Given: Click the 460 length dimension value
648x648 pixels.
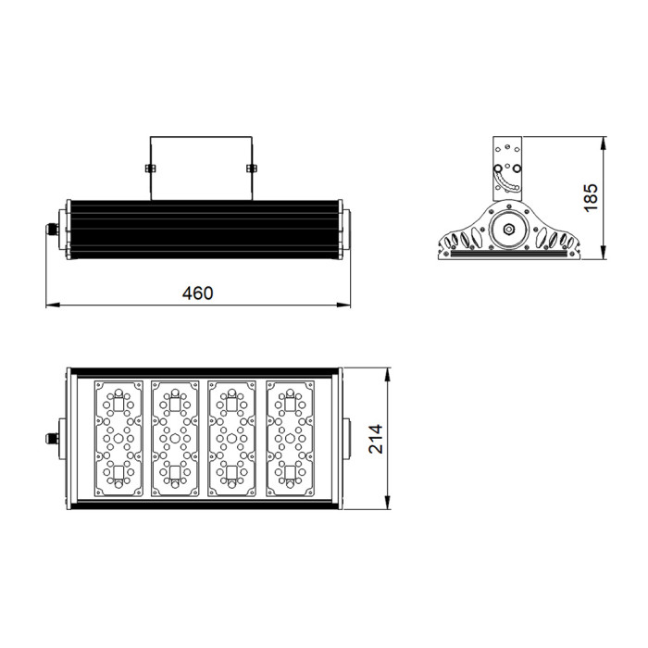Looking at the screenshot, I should pos(197,293).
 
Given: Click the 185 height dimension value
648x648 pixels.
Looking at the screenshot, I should pos(592,197).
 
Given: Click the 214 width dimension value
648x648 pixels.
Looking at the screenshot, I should pos(375,440).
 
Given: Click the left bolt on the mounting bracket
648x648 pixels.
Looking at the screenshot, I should pos(150,168).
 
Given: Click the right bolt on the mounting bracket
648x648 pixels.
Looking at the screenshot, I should pos(251,168).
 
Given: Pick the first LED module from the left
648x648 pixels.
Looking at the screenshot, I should pos(118,439).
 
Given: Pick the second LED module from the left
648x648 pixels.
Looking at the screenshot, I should pos(175,439).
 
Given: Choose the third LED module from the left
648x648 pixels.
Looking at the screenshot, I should pos(232,439).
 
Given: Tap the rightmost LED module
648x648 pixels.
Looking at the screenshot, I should pos(290,439).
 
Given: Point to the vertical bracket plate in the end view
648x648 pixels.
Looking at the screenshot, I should pos(507,167).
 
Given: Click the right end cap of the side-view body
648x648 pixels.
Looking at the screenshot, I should pos(344,228).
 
